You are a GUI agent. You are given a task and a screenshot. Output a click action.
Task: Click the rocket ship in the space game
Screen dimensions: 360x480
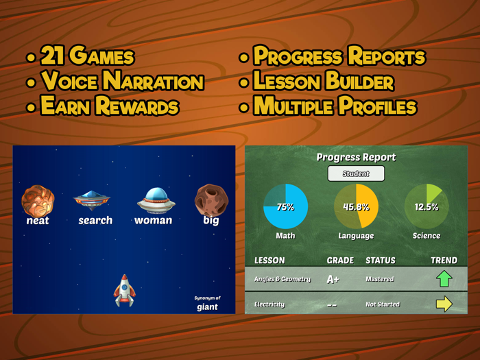tap(124, 290)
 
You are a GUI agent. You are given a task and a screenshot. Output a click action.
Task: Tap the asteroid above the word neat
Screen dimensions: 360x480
tap(38, 200)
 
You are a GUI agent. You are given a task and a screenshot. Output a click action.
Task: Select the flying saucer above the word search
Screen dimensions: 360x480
tap(93, 200)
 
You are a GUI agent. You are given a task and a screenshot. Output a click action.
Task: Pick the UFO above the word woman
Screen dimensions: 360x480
tap(156, 200)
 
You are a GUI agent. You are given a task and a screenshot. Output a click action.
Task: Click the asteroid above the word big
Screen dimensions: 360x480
tap(211, 200)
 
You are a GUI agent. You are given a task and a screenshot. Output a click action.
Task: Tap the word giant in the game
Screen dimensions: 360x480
tap(207, 307)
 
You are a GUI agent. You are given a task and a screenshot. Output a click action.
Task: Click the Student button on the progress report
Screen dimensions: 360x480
tap(356, 173)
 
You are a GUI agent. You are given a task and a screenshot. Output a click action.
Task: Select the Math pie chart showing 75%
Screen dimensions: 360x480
tap(286, 206)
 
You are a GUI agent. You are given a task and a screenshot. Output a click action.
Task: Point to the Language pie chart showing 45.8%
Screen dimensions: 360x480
tap(357, 206)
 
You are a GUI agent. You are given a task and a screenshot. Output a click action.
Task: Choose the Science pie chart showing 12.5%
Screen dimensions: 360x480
tap(427, 206)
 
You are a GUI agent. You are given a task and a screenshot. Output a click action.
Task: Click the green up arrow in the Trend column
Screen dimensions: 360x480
tap(444, 278)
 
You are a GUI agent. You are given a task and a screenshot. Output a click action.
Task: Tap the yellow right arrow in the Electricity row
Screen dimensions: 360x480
tap(444, 304)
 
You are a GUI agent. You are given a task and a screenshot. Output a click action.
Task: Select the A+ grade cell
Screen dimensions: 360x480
tap(333, 279)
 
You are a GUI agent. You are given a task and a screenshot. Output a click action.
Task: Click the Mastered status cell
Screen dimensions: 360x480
tap(381, 279)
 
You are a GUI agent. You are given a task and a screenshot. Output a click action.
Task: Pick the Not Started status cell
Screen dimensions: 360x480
tap(383, 304)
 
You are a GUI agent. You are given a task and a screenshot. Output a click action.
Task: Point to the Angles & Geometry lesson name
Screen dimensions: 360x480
tap(283, 279)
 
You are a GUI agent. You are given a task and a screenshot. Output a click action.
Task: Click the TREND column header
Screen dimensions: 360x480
tap(444, 261)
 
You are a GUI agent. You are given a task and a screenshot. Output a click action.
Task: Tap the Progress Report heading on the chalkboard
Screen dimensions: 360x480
tap(356, 157)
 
